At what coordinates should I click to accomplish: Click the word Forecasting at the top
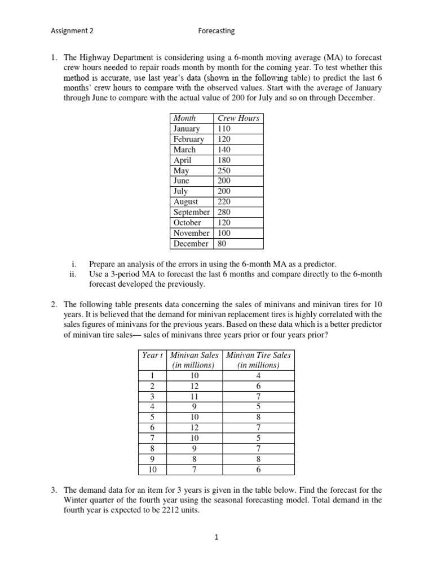coord(216,31)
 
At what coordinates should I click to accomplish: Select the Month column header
coord(185,118)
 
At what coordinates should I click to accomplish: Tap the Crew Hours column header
coord(238,118)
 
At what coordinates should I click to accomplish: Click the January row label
coord(187,129)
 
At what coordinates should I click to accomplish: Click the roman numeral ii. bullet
coord(72,274)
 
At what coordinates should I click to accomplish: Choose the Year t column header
coord(152,355)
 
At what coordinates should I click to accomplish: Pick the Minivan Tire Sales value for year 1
coord(258,375)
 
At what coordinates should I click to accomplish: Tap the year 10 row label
coord(152,469)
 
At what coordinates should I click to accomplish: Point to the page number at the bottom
coord(216,537)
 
